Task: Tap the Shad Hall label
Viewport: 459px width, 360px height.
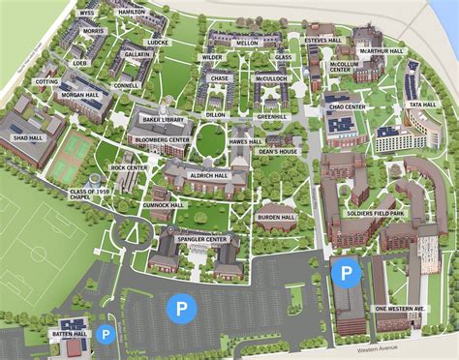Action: tap(28, 138)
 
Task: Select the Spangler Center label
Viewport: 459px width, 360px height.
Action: tap(203, 239)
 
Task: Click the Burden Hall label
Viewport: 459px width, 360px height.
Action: tap(276, 218)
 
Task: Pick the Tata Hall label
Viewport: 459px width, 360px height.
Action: tap(422, 105)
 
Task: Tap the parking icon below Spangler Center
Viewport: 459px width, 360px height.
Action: tap(179, 309)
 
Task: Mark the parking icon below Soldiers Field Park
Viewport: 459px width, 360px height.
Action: tap(344, 273)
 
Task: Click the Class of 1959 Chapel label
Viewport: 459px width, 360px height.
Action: tap(88, 196)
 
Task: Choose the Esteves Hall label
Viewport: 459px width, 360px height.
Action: tap(322, 41)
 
